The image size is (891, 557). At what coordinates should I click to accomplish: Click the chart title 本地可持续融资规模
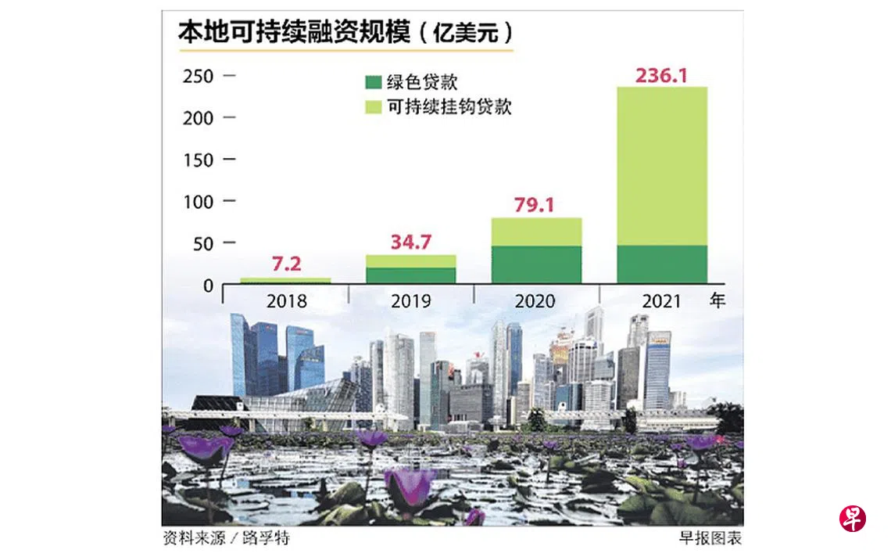point(295,33)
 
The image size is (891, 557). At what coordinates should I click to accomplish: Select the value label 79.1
point(535,206)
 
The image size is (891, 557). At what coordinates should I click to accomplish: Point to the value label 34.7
point(411,242)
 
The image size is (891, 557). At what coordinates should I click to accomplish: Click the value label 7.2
point(286,264)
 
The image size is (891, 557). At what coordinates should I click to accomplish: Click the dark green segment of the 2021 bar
point(662,264)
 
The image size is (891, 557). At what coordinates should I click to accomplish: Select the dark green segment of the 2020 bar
point(536,264)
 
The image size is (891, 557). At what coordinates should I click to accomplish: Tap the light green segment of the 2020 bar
point(536,232)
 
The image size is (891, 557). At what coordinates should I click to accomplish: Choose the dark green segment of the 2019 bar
point(411,275)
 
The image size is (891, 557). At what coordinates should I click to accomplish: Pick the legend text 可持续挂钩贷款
point(449,107)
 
